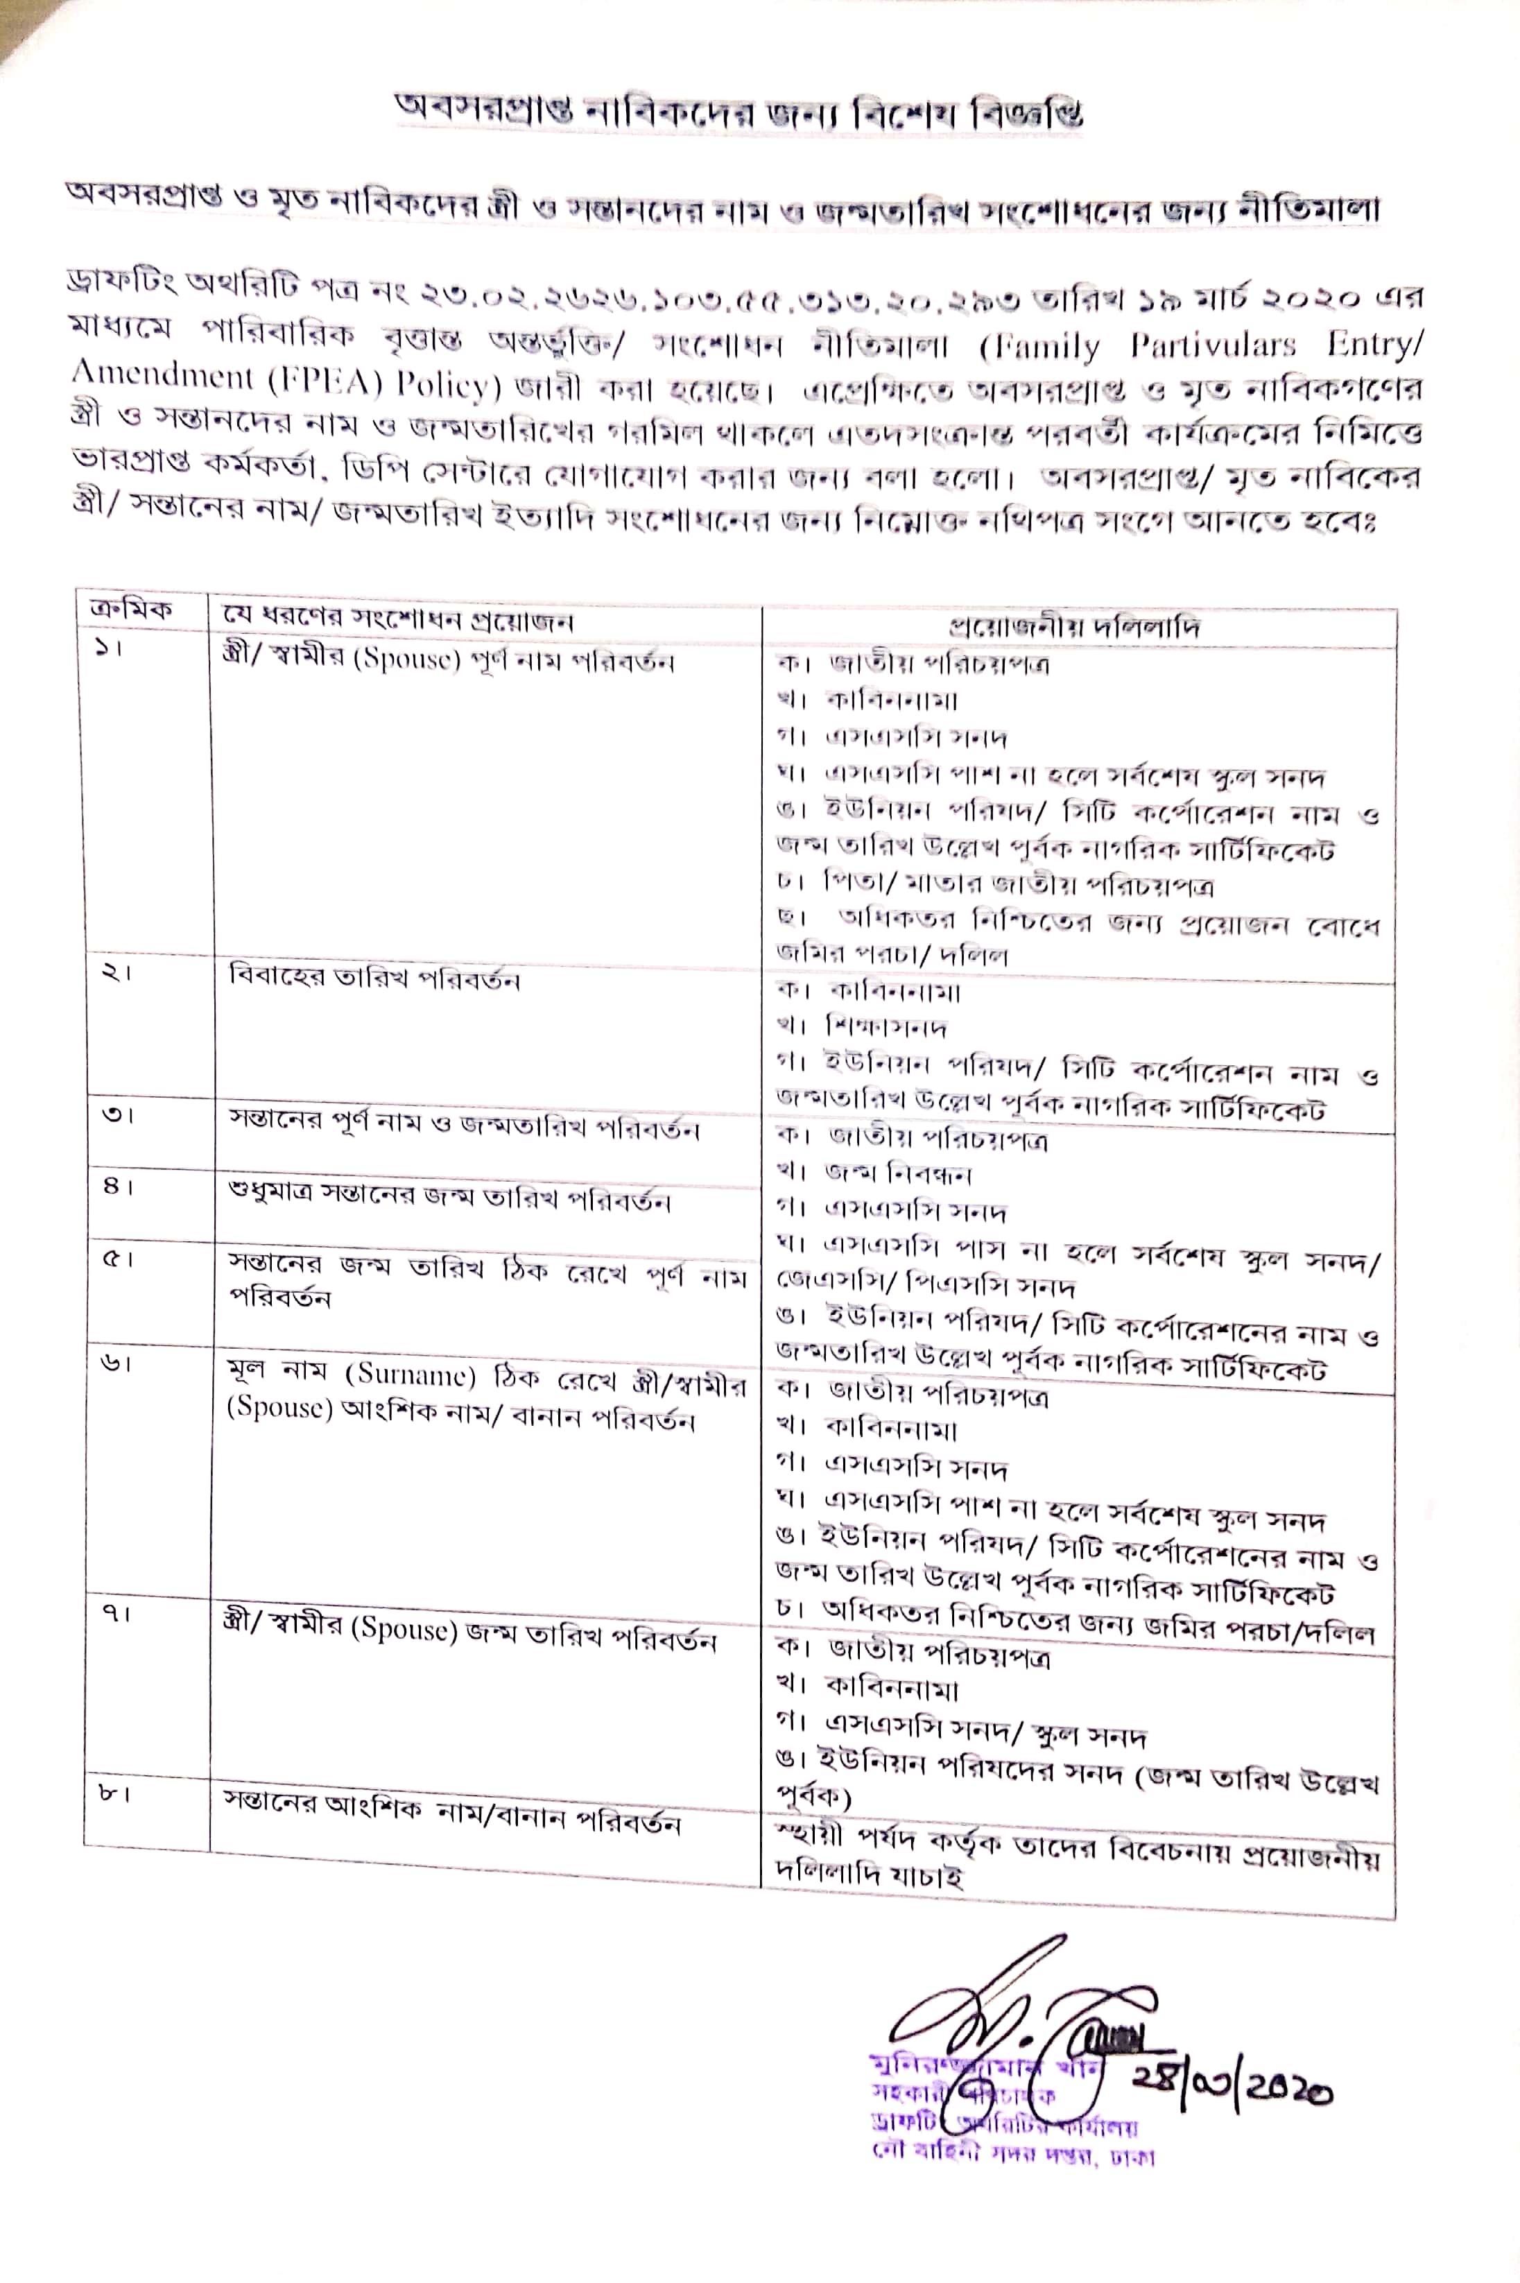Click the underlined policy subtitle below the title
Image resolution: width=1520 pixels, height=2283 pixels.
(x=722, y=204)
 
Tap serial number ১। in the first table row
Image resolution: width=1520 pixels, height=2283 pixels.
(x=109, y=648)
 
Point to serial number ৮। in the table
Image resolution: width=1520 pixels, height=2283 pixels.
(x=114, y=1793)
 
